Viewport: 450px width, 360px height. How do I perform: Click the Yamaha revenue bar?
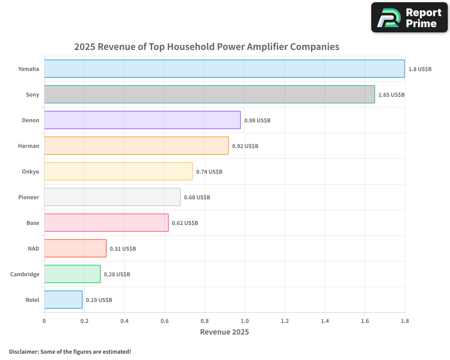(x=224, y=69)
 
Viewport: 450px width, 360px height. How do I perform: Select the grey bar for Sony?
(x=209, y=94)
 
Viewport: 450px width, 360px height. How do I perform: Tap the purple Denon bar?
(x=142, y=120)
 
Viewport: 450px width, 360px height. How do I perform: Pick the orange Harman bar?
(x=136, y=146)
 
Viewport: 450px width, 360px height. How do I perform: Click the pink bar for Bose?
(x=106, y=223)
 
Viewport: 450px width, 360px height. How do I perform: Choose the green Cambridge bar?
(x=72, y=274)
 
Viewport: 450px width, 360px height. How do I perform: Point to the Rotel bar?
(x=63, y=300)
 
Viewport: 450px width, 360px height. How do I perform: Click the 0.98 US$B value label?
(x=257, y=121)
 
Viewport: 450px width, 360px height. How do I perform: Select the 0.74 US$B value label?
(x=209, y=172)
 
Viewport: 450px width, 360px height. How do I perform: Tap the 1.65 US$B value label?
(x=391, y=95)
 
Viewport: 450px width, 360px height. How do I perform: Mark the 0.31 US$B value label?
(x=123, y=249)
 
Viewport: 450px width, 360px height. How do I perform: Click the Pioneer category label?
(x=29, y=198)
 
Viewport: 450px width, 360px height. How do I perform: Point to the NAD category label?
(x=33, y=249)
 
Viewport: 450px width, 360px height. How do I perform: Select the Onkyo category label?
(x=31, y=172)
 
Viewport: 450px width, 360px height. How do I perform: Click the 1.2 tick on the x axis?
(x=285, y=321)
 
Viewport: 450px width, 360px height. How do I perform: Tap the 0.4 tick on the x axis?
(x=124, y=321)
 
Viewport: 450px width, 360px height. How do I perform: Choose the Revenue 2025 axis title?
(x=224, y=332)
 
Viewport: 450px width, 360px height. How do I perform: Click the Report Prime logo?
(x=409, y=18)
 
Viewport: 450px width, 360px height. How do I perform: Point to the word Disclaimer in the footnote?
(x=23, y=352)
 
